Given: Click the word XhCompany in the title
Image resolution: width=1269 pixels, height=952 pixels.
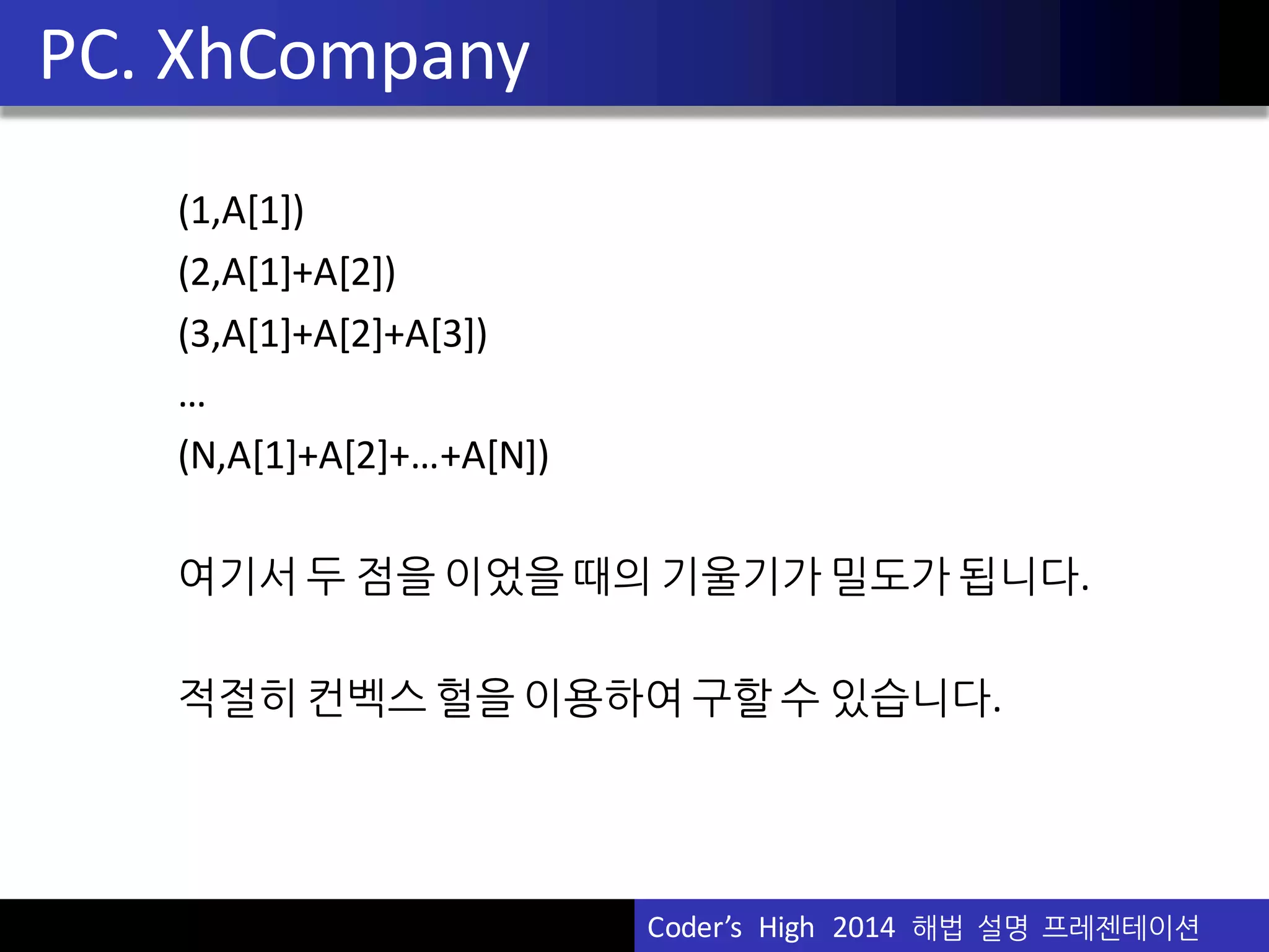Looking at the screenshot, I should tap(343, 57).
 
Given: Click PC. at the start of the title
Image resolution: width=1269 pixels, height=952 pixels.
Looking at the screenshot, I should tap(87, 57).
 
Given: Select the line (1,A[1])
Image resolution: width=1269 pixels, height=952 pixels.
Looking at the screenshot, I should tap(241, 211).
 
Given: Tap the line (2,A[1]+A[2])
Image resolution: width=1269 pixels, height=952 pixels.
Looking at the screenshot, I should tap(287, 272).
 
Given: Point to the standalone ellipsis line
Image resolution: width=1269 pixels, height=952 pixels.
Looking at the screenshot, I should tap(191, 402).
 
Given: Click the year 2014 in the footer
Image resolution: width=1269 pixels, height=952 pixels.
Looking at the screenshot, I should tap(864, 928).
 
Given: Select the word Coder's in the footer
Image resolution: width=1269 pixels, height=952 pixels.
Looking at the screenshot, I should tap(694, 928).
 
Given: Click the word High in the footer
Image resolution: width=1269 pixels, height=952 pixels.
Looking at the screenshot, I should tap(786, 928).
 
